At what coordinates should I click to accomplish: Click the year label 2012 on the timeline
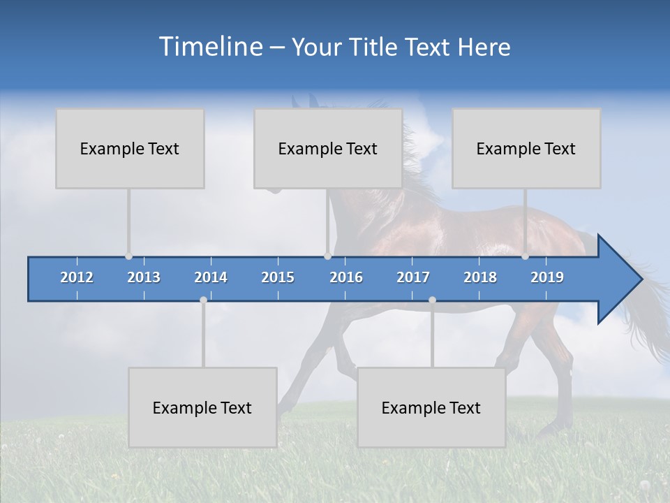tap(77, 277)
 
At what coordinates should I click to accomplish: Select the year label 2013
tap(144, 277)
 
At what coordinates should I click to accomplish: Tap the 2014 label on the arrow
tap(211, 277)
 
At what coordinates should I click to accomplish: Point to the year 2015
tap(278, 277)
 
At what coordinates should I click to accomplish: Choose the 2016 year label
tap(346, 277)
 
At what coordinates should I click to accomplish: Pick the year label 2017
tap(413, 277)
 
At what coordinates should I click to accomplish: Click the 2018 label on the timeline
tap(480, 277)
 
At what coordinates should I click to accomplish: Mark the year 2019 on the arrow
tap(547, 277)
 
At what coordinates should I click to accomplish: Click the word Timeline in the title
tap(209, 47)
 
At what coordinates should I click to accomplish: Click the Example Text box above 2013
tap(130, 148)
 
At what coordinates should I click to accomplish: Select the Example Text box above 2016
tap(328, 148)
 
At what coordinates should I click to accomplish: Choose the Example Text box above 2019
tap(526, 148)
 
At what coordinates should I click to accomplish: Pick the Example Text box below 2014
tap(202, 407)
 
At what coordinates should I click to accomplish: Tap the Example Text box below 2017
tap(431, 407)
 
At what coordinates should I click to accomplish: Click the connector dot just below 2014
tap(203, 300)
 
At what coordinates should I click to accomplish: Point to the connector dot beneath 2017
tap(432, 300)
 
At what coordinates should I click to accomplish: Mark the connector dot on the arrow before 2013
tap(128, 256)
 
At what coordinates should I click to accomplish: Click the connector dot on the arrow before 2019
tap(525, 256)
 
